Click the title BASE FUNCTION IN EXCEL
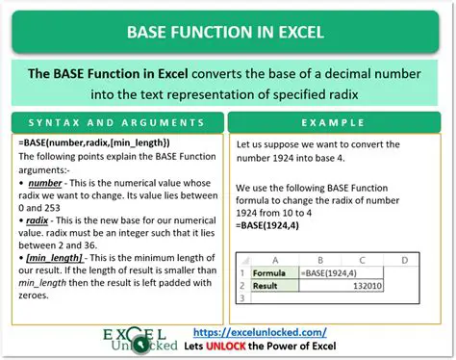click(x=227, y=32)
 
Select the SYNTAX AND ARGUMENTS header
click(x=115, y=124)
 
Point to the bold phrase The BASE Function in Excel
click(x=126, y=74)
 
